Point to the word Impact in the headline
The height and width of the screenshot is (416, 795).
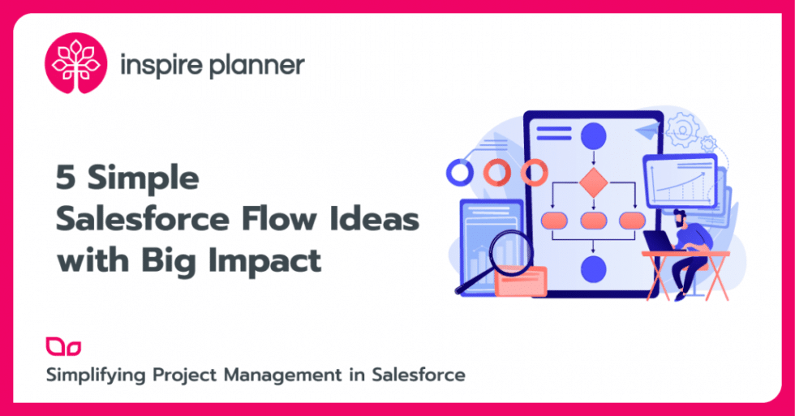[x=274, y=262]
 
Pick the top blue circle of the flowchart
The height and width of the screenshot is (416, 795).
[x=594, y=135]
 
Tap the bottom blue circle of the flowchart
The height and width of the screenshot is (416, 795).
[x=594, y=268]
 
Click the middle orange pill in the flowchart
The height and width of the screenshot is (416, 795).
[x=594, y=221]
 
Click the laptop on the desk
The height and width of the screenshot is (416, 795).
[x=658, y=241]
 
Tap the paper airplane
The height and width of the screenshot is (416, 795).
[x=649, y=131]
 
